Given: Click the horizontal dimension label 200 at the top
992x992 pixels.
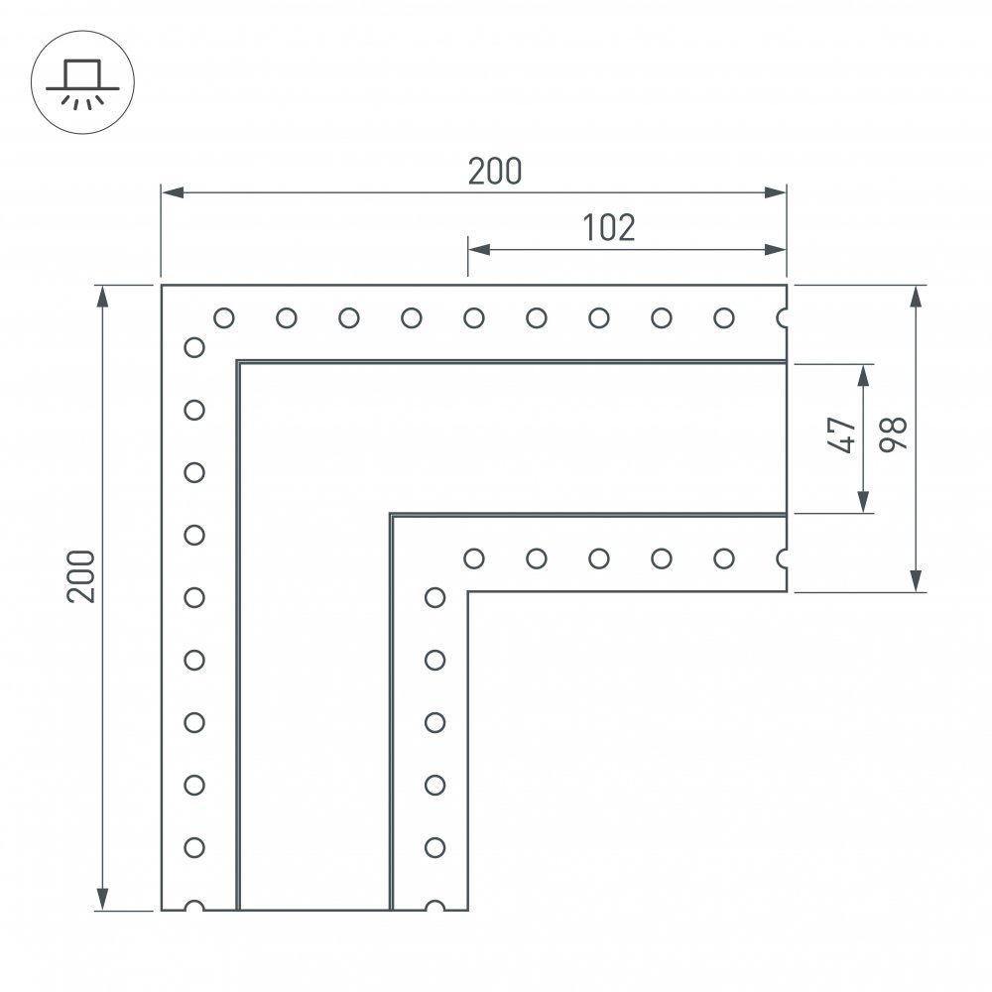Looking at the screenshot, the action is point(495,171).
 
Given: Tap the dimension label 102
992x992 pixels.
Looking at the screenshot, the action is point(609,228).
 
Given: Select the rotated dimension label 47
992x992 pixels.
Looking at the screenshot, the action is point(841,434).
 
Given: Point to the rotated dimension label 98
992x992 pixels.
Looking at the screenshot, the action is point(894,434).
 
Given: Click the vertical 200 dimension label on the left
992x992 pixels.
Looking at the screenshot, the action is point(81,576).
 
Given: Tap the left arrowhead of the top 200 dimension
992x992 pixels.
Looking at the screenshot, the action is point(172,192).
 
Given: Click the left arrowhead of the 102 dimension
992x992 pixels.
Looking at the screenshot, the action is point(479,249).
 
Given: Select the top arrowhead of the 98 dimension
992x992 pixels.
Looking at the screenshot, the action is point(916,296).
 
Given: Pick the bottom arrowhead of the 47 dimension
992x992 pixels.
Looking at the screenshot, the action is point(864,502).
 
